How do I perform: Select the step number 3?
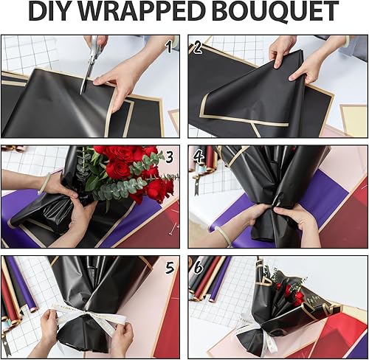168,157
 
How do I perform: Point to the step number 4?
199,157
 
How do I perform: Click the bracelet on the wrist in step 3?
49,182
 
